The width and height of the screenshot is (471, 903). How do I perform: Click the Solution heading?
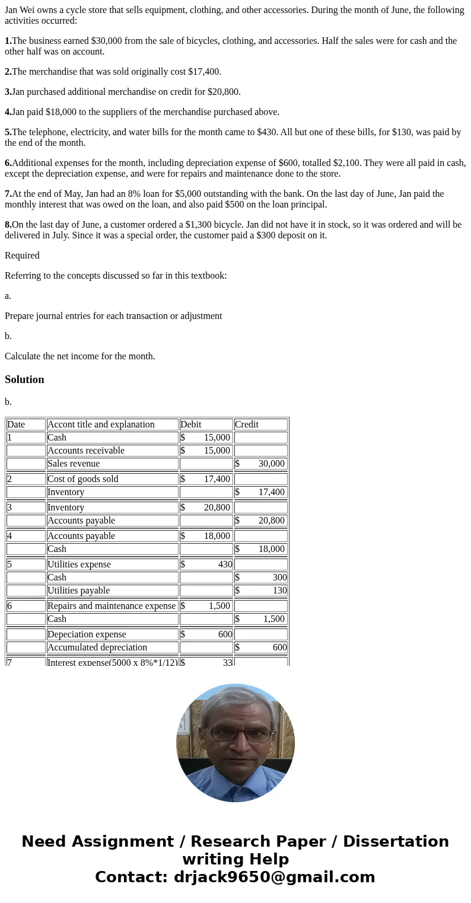coord(24,379)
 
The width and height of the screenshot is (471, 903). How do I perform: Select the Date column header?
coord(16,425)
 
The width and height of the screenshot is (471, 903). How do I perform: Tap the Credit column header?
coord(247,425)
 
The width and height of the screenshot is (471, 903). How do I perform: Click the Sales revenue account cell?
coord(74,464)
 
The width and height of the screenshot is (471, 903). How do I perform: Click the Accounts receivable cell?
coord(86,451)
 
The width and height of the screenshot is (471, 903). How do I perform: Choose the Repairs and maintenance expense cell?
coord(112,606)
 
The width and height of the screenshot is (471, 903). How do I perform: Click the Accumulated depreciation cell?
coord(97,647)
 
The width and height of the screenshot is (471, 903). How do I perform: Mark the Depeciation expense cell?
coord(87,634)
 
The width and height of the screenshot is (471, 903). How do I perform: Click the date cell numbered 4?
coord(10,536)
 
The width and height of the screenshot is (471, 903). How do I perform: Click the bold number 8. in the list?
coord(8,225)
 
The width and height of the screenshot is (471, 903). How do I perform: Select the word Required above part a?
coord(22,256)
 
